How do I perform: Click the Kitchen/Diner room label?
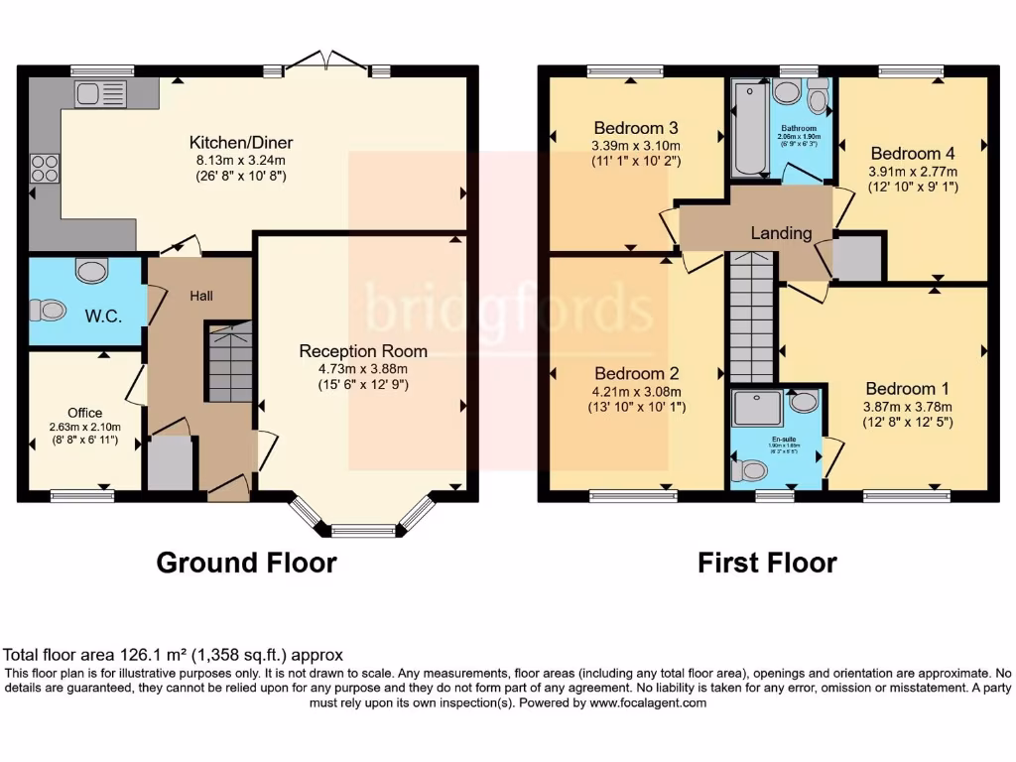click(241, 143)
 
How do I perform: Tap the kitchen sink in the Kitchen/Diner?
click(99, 94)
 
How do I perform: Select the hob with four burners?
click(45, 168)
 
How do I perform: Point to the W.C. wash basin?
click(91, 271)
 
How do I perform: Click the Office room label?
click(85, 413)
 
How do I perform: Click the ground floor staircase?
click(229, 361)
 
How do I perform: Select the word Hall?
click(201, 296)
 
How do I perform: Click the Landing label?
click(781, 234)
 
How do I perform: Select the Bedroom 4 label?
click(913, 154)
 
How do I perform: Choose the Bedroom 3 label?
click(636, 128)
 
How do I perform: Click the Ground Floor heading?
click(246, 564)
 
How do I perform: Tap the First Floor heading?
click(767, 564)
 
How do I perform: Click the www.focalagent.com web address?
click(648, 702)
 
